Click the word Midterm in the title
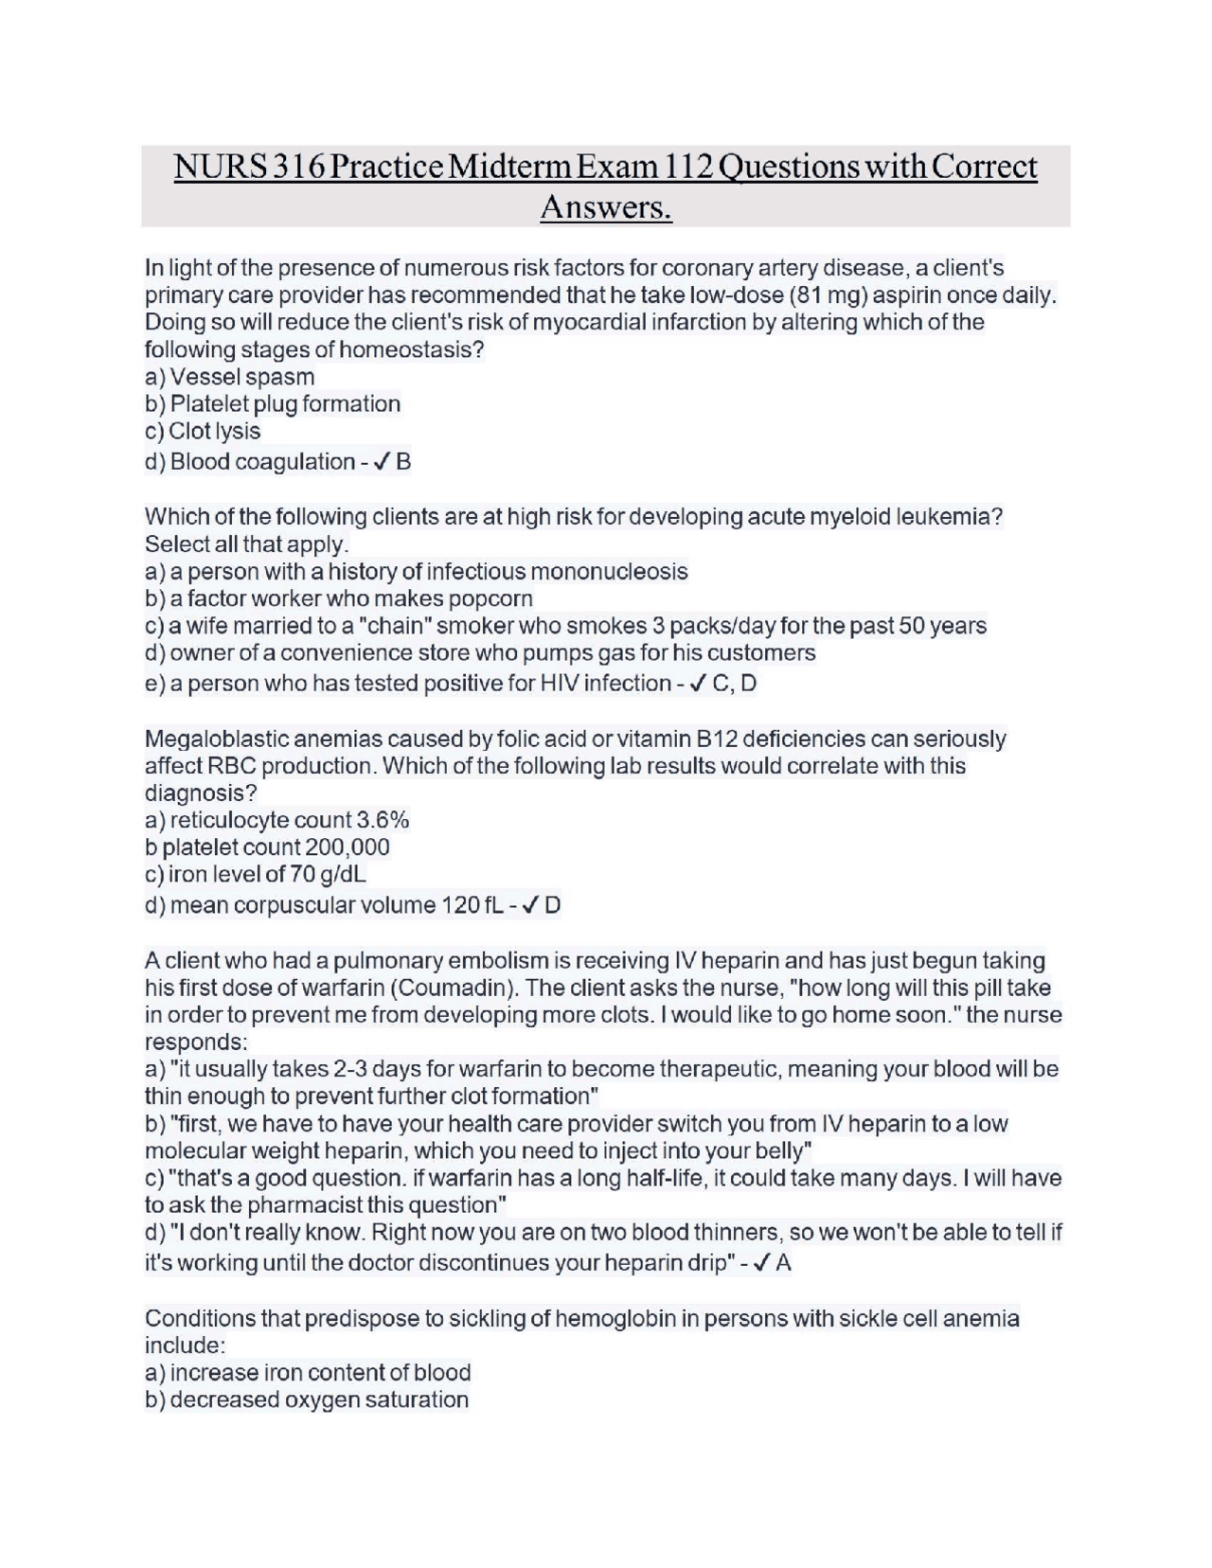(x=510, y=167)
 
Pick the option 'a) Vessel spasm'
(x=229, y=377)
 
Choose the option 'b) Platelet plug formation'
(x=273, y=404)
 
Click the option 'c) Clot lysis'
(x=203, y=432)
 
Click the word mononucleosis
(x=609, y=572)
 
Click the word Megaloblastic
(x=216, y=739)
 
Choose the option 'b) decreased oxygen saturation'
(x=307, y=1400)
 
